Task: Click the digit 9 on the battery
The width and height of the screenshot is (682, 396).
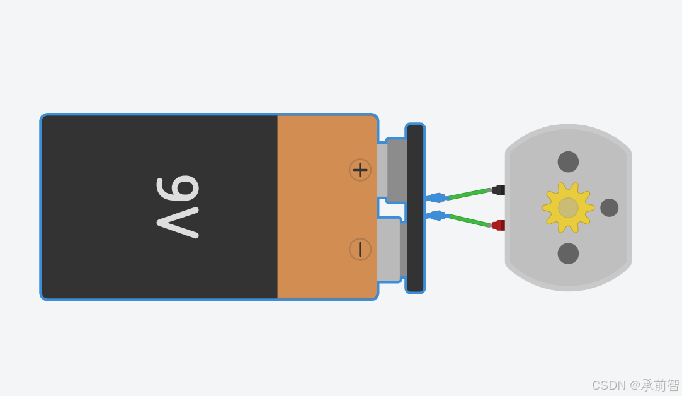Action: point(179,189)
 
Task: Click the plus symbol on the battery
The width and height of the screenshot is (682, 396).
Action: point(360,170)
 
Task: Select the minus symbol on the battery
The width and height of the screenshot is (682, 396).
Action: point(360,249)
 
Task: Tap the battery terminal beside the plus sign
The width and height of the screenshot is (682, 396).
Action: point(395,170)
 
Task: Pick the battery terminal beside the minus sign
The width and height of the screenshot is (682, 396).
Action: point(389,249)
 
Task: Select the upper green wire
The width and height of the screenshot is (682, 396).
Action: point(469,194)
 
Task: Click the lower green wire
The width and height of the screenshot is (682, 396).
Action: point(469,220)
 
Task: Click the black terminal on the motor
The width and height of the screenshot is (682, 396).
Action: point(499,190)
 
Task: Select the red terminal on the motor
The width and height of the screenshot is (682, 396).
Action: point(499,225)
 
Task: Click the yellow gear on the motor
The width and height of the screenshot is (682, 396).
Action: point(568,207)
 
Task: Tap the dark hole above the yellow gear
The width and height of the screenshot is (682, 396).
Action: point(568,162)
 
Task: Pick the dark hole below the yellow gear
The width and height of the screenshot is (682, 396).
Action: point(568,253)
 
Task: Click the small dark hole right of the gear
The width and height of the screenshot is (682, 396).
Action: point(609,207)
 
